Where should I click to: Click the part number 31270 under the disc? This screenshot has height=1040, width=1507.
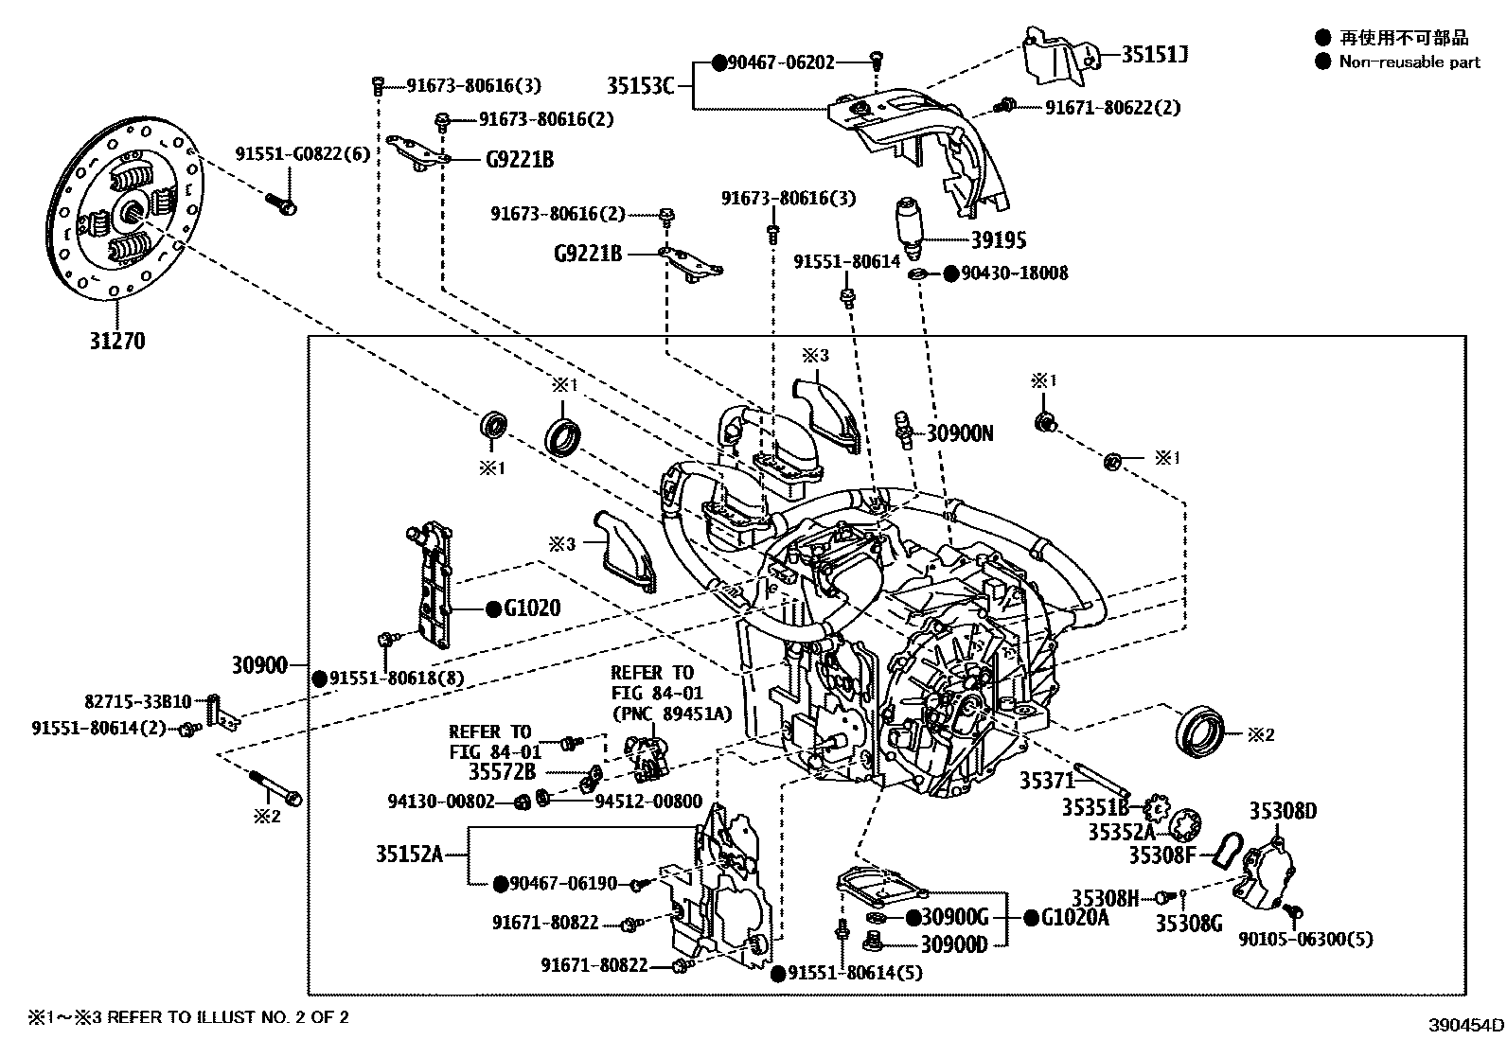pyautogui.click(x=117, y=341)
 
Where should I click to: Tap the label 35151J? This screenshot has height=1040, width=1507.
pyautogui.click(x=1154, y=55)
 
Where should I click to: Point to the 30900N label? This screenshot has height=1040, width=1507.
pyautogui.click(x=960, y=433)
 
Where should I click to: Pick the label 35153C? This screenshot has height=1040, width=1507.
pyautogui.click(x=640, y=86)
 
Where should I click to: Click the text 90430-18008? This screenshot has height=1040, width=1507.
pyautogui.click(x=1014, y=273)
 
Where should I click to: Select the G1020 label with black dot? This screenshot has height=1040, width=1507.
pyautogui.click(x=531, y=608)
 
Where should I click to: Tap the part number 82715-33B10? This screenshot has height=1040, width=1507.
pyautogui.click(x=138, y=702)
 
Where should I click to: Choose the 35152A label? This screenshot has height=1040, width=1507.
pyautogui.click(x=409, y=855)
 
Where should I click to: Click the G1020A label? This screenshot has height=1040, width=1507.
pyautogui.click(x=1074, y=917)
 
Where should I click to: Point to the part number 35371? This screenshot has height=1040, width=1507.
pyautogui.click(x=1047, y=781)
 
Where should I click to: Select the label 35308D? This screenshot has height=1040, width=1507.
pyautogui.click(x=1283, y=811)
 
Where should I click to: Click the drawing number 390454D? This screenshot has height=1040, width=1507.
pyautogui.click(x=1466, y=1025)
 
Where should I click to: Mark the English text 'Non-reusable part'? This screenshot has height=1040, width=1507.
pyautogui.click(x=1409, y=62)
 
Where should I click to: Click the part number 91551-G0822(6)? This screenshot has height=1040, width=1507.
pyautogui.click(x=303, y=153)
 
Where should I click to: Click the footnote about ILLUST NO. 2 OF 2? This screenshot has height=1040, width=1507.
pyautogui.click(x=187, y=1017)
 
